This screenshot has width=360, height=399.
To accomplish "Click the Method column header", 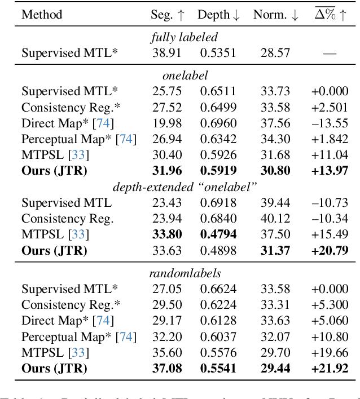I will click(42, 15).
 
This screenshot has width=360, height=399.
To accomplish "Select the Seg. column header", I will click(168, 15).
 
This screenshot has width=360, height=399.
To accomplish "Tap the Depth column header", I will click(218, 15).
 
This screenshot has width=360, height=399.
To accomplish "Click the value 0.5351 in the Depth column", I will click(218, 53).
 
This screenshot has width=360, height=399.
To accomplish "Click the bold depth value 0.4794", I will click(218, 234).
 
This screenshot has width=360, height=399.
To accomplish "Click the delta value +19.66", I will click(329, 353).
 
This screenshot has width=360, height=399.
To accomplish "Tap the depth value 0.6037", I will click(218, 337).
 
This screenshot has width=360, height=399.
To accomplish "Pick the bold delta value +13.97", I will click(329, 170).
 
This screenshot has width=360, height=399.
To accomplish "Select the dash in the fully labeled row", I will click(330, 54).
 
